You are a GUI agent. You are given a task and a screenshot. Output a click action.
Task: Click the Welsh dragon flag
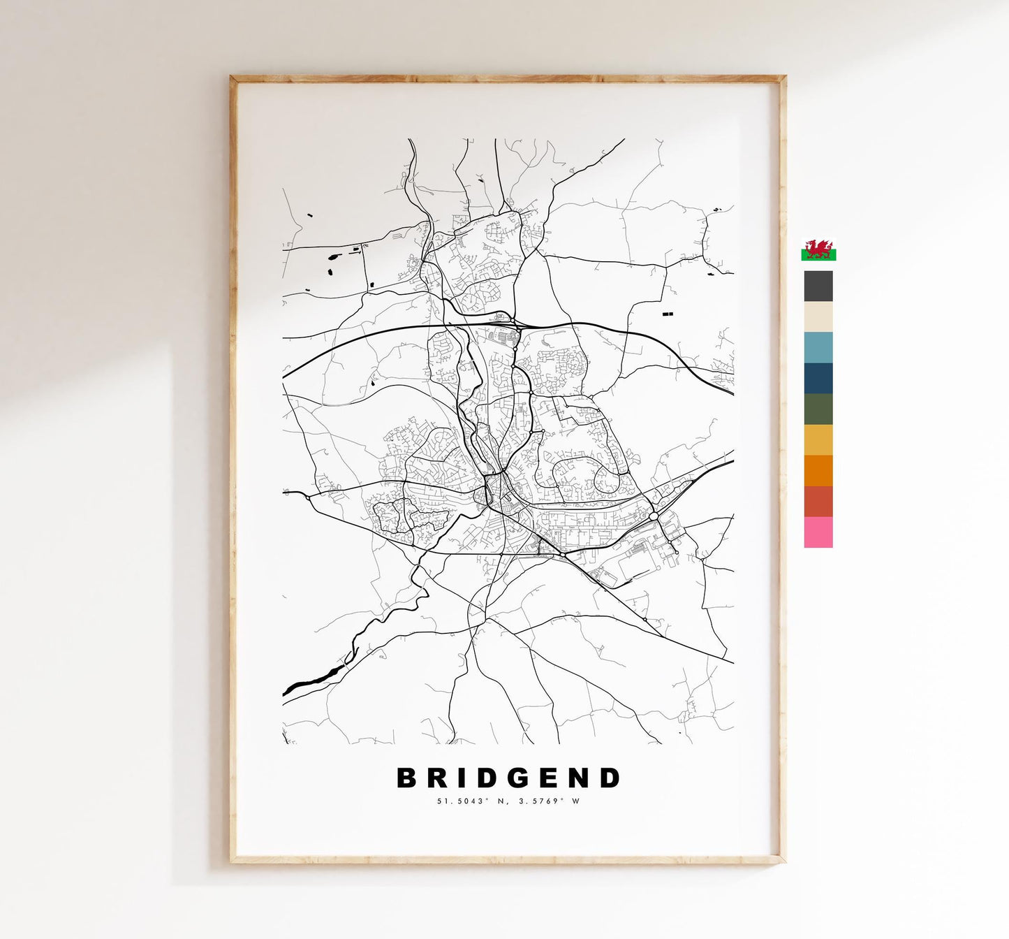pyautogui.click(x=818, y=249)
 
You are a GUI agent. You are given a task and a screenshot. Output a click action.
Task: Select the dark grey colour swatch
pyautogui.click(x=818, y=286)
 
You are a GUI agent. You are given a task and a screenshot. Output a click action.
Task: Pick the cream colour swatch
pyautogui.click(x=818, y=316)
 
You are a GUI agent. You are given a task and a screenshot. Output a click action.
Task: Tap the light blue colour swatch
pyautogui.click(x=818, y=347)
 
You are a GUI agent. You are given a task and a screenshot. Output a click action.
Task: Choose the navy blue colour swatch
pyautogui.click(x=818, y=378)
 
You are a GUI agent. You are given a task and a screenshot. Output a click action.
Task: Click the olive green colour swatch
pyautogui.click(x=818, y=409)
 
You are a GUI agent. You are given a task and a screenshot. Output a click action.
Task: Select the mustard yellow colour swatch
pyautogui.click(x=818, y=439)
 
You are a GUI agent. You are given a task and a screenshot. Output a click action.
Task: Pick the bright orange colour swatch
pyautogui.click(x=818, y=470)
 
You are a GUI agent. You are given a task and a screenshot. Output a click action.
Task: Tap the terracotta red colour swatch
pyautogui.click(x=818, y=501)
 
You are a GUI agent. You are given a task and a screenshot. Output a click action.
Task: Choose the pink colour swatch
pyautogui.click(x=818, y=532)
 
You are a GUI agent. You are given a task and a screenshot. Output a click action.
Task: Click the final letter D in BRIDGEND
pyautogui.click(x=610, y=778)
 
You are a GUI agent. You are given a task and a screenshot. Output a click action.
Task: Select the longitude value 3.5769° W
pyautogui.click(x=549, y=801)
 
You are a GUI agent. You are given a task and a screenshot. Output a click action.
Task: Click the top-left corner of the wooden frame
pyautogui.click(x=233, y=79)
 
